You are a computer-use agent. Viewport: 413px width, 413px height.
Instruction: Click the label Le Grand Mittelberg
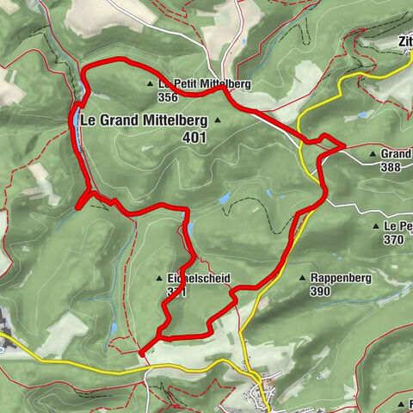(141, 120)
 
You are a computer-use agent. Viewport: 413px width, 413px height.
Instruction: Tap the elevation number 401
(195, 136)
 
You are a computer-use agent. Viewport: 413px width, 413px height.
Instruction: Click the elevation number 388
(389, 167)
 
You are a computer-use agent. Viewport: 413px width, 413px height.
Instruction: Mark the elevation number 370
(394, 239)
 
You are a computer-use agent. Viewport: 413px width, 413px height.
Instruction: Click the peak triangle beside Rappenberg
(301, 278)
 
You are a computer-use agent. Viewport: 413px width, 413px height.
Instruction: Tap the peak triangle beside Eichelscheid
(159, 279)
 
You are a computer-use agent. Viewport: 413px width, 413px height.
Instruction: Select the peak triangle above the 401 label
(218, 120)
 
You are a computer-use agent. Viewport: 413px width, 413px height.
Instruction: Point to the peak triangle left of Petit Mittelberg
(150, 84)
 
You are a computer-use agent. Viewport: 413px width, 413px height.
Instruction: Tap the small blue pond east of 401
(224, 198)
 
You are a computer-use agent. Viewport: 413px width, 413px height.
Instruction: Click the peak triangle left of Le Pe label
(377, 225)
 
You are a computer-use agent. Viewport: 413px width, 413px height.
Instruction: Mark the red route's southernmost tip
(140, 353)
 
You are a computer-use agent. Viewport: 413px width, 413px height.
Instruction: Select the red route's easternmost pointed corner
(344, 145)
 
